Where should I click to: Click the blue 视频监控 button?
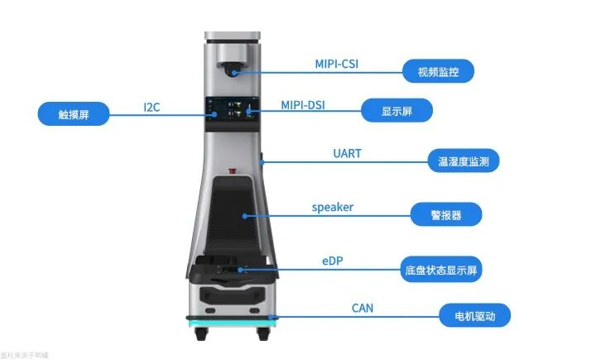click(438, 71)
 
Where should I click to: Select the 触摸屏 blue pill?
click(74, 113)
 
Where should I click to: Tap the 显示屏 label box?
click(397, 110)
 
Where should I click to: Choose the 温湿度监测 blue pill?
click(463, 161)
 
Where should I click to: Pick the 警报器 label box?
click(445, 215)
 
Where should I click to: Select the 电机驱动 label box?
click(474, 315)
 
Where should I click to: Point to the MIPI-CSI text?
click(337, 63)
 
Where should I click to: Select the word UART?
click(346, 154)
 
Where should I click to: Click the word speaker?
click(332, 207)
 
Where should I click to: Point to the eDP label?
click(332, 261)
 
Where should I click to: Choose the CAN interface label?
click(362, 309)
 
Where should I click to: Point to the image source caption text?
click(25, 355)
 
